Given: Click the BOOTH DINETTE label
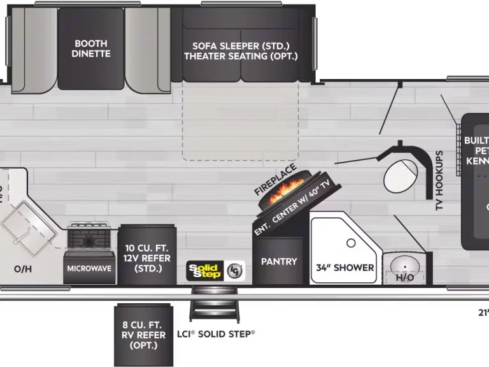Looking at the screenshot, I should point(90,48).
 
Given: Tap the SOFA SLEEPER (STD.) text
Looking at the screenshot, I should point(241,46).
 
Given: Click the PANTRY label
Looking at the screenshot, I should point(279,261).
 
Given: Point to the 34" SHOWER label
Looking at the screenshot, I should point(345,268).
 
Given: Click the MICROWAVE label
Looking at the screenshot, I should point(90,268).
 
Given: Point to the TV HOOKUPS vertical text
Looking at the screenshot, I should point(439,181).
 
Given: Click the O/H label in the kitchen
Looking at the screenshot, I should point(23,268).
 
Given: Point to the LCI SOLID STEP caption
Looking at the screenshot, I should point(215,334).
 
